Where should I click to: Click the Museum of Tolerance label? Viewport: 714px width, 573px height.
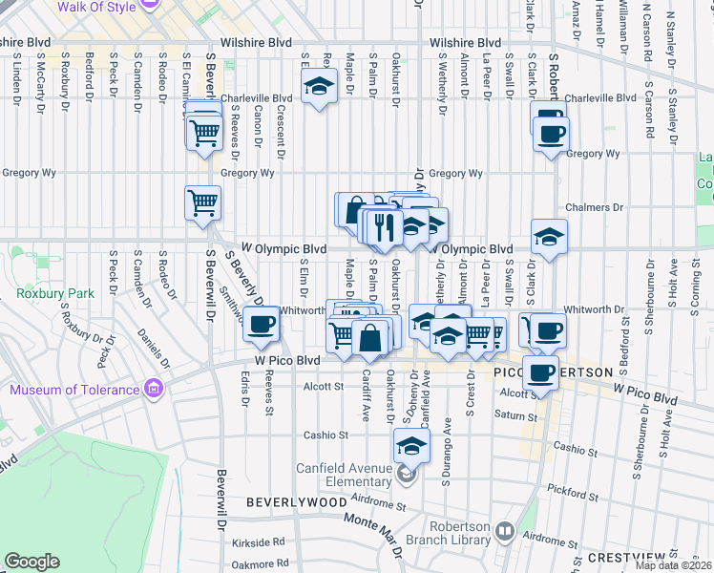(74, 390)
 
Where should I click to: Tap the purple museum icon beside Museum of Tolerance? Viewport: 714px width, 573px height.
(152, 389)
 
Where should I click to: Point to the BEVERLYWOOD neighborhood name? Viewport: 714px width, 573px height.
(296, 501)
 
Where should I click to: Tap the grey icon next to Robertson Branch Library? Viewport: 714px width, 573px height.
(503, 531)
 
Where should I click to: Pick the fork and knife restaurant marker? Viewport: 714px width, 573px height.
(385, 225)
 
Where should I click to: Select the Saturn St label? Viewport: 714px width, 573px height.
(516, 415)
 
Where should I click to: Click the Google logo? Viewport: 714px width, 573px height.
(31, 562)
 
